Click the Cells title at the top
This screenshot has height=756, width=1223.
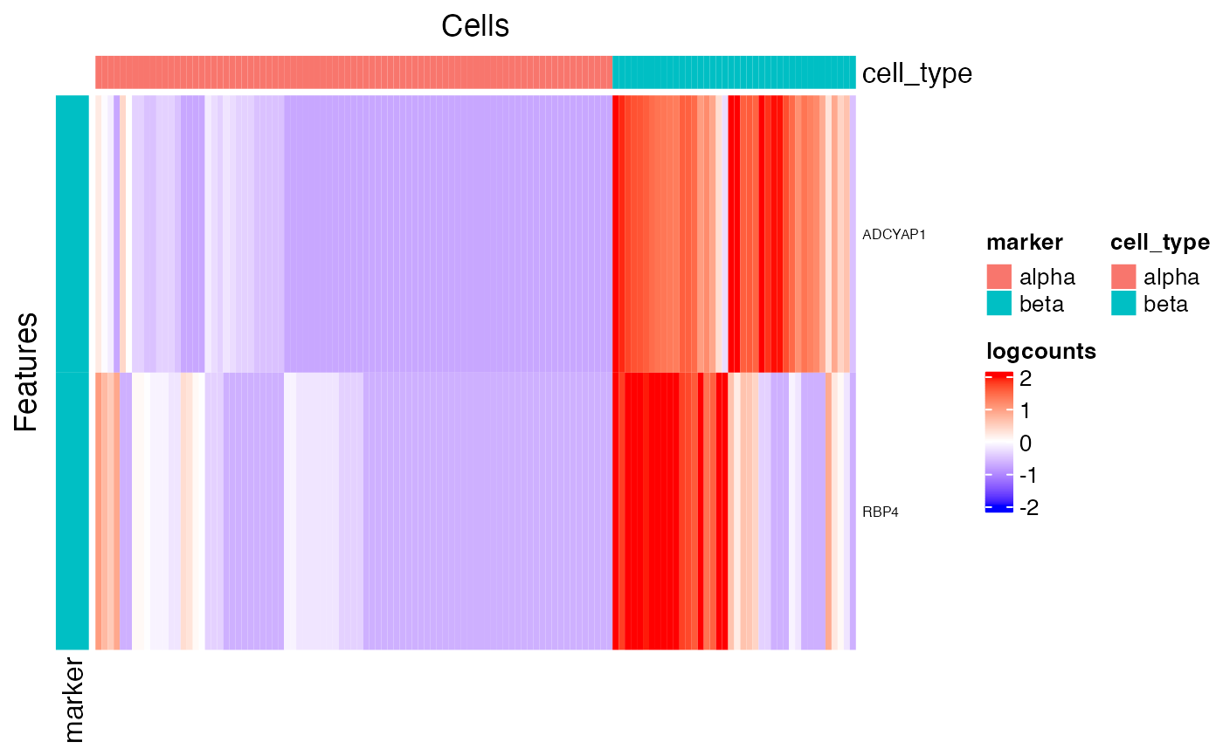pos(474,26)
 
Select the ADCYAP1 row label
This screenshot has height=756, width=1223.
pos(893,234)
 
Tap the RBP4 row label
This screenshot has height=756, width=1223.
pos(880,512)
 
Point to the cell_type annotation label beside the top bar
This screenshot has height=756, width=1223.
pos(916,73)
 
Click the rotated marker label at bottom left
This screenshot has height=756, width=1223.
pos(74,702)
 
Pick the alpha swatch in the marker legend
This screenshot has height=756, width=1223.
pos(998,277)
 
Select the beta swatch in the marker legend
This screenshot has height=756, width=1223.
pos(998,303)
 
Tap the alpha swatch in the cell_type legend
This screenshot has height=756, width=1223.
pos(1123,277)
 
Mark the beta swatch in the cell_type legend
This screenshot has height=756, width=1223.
pos(1123,303)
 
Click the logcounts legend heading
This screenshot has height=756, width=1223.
pos(1040,351)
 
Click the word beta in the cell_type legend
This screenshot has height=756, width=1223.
pos(1165,304)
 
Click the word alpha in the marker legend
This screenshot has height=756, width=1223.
pos(1047,278)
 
